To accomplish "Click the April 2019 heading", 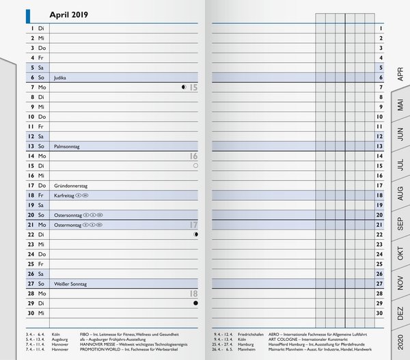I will click(x=69, y=14).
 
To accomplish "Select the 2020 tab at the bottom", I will click(x=400, y=344).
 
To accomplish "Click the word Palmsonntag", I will click(x=69, y=146).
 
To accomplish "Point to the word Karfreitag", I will click(x=64, y=195).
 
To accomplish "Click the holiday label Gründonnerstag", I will click(x=71, y=185).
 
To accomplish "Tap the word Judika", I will click(x=60, y=77).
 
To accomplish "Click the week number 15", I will click(x=193, y=87).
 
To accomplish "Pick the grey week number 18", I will click(x=193, y=294).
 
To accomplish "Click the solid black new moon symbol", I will click(x=196, y=303).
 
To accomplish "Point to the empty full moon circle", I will click(x=196, y=165).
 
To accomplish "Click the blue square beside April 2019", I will click(x=29, y=14).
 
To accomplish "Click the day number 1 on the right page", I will click(x=379, y=28).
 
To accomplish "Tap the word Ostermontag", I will click(x=68, y=225).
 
